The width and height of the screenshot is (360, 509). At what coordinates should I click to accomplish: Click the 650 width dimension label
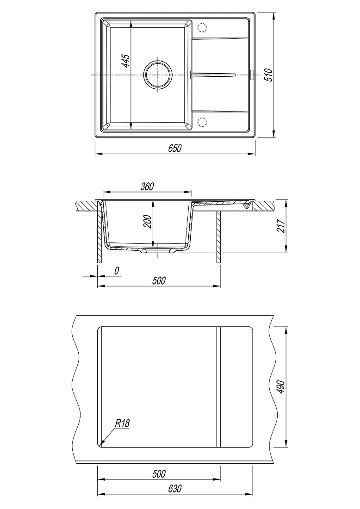point(175,148)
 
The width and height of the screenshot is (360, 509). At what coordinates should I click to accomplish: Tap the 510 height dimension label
point(268,74)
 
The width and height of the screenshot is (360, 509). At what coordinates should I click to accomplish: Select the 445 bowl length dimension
point(126,61)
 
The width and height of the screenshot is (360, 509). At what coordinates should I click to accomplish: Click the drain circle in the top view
point(158,74)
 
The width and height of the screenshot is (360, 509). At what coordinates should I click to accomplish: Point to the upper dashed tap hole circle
point(202,27)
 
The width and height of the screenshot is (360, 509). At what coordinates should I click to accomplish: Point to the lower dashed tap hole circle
point(202,122)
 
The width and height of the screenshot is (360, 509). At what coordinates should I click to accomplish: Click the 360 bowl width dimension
point(147,186)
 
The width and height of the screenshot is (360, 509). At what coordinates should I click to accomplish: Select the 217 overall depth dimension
point(281,226)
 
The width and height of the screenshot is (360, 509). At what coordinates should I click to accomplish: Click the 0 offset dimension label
point(117,270)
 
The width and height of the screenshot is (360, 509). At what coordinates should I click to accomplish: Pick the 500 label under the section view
point(159,280)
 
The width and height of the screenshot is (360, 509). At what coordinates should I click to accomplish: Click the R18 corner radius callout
point(122,423)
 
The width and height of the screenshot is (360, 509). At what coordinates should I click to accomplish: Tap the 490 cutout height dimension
point(281,387)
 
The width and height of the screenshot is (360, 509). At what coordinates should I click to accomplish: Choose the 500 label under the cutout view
point(159,474)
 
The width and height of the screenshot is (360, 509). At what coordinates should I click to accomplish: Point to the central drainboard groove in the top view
point(213,74)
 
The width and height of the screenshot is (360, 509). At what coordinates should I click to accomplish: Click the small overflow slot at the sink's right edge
point(253,74)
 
